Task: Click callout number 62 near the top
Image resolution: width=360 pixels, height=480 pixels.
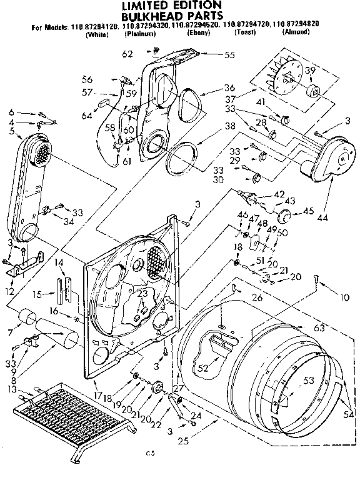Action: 127,54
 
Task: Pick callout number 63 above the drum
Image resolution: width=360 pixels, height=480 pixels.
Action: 319,327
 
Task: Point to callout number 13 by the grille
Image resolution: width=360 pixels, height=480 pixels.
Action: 12,389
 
